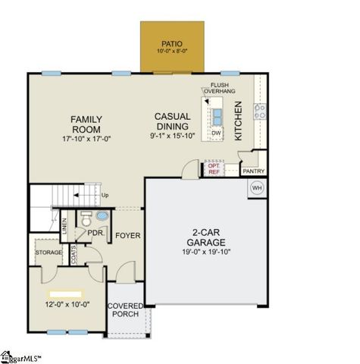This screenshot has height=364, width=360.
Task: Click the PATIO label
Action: [x=172, y=43]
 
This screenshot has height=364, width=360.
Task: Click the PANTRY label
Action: [x=253, y=171]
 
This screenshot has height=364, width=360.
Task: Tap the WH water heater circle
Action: [x=256, y=187]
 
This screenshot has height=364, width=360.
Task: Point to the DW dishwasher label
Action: [x=216, y=132]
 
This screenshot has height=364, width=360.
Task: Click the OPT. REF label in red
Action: [x=214, y=169]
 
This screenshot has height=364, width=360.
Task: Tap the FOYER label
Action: [x=127, y=236]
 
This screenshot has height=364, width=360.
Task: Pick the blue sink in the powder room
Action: [x=103, y=217]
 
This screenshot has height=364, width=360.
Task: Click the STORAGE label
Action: [x=48, y=251]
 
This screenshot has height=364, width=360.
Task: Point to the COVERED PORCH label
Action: [x=125, y=311]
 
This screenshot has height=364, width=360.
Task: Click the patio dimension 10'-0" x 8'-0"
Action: [x=172, y=51]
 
